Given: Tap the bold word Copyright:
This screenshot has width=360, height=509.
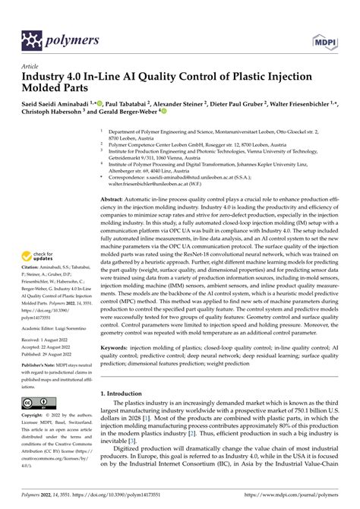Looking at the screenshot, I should click(35, 416).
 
